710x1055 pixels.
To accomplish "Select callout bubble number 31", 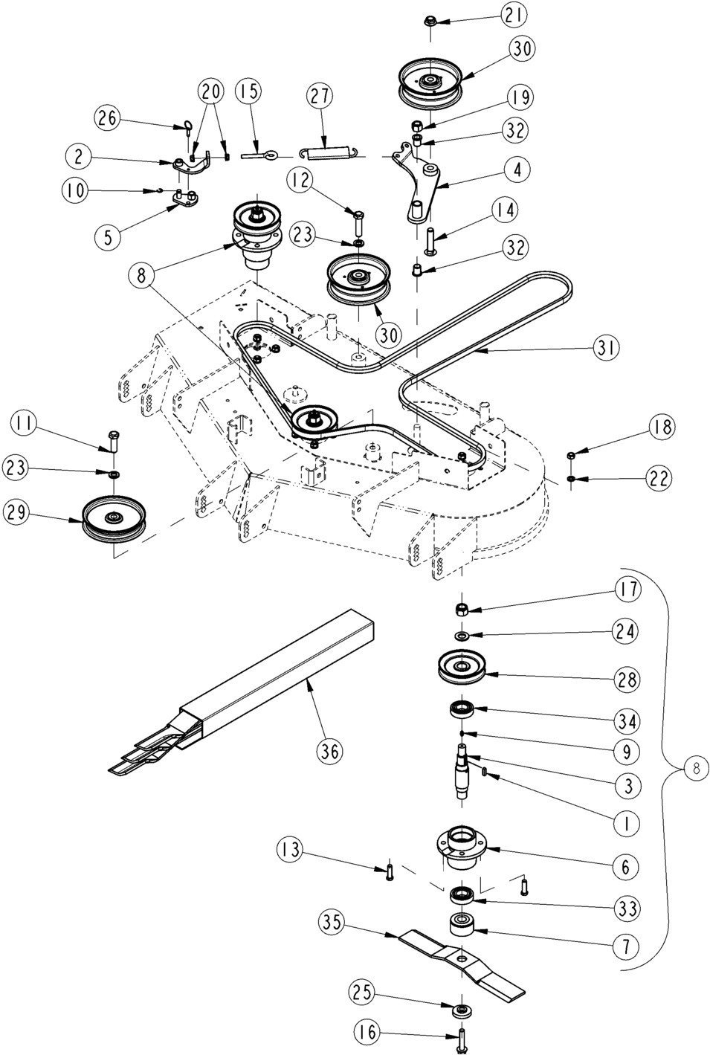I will coord(607,347).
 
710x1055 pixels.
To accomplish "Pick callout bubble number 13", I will coord(291,849).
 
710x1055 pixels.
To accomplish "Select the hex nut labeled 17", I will coord(461,609).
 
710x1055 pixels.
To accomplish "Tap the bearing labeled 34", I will coord(462,709).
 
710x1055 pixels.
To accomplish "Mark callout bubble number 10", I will coord(73,190).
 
